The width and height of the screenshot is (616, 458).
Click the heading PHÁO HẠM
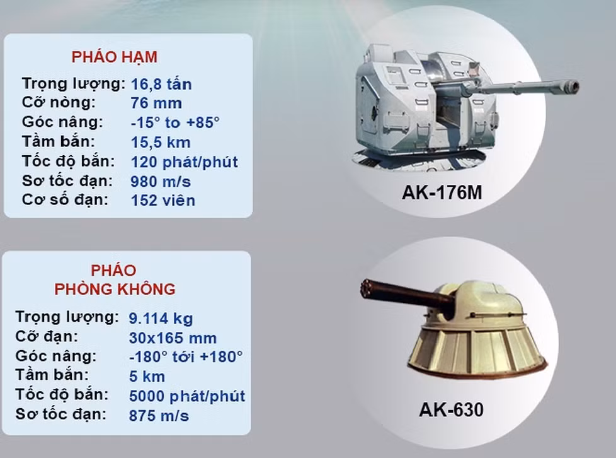tap(114, 57)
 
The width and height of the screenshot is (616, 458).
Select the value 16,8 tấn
tap(161, 84)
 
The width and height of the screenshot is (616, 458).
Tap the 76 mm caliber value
tap(156, 103)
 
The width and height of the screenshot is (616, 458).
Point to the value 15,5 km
tap(161, 142)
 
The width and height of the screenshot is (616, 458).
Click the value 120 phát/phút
tap(185, 161)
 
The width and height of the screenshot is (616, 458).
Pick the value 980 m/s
tap(161, 181)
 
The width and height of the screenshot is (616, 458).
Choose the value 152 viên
tap(163, 201)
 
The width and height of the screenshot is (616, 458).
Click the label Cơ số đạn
tap(65, 200)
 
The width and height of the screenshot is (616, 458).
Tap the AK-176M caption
tap(442, 192)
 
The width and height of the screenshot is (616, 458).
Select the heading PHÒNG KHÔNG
tap(115, 290)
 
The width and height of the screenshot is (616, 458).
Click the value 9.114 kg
tap(161, 318)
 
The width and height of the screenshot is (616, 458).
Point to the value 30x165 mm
tap(173, 338)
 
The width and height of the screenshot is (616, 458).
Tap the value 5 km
tap(147, 377)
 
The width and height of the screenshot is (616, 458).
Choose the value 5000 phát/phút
tap(187, 397)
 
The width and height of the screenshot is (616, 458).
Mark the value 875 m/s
tap(159, 416)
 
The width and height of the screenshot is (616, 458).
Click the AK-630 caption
tap(451, 410)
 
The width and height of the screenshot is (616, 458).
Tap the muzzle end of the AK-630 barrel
tap(365, 290)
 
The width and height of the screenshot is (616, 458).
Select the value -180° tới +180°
tap(186, 357)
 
